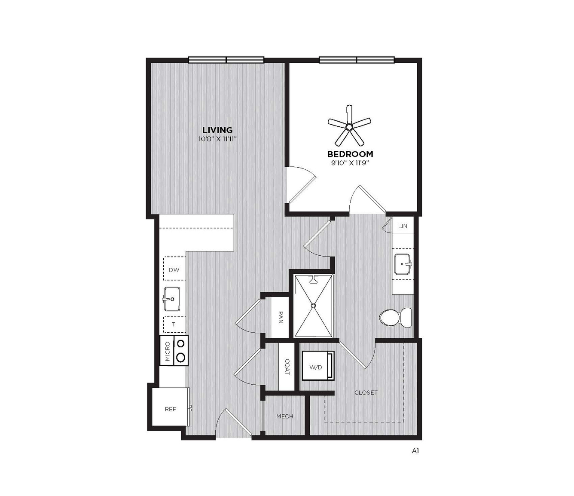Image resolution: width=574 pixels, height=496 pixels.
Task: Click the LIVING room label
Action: (x=217, y=130)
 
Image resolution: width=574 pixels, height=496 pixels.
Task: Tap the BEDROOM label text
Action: (x=350, y=154)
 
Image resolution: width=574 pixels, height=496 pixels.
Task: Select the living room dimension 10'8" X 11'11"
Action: (x=217, y=139)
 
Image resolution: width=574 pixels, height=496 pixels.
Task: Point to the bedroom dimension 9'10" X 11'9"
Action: (x=350, y=163)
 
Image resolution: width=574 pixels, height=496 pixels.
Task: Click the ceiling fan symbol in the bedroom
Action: (x=349, y=126)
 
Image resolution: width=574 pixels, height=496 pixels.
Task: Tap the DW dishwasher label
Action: (x=174, y=270)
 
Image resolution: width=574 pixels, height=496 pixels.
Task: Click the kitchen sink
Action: (x=171, y=299)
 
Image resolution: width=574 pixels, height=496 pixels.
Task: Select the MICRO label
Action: (x=167, y=351)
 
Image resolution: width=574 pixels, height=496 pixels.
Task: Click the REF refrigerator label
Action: (x=171, y=409)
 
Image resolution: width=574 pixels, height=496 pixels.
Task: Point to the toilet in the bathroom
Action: (x=396, y=318)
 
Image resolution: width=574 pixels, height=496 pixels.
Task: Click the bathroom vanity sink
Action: (x=403, y=264)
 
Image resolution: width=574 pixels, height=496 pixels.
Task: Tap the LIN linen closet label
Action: (x=403, y=226)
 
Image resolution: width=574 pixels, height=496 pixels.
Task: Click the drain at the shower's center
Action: (x=314, y=306)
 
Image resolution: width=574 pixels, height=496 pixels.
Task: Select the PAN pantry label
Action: (x=281, y=317)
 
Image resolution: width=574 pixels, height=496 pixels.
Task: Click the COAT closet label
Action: (x=287, y=367)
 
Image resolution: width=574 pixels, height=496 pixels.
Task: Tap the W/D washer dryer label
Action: (x=316, y=367)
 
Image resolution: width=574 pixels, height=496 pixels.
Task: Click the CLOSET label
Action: (x=366, y=393)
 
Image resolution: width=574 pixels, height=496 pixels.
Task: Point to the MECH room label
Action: (x=285, y=416)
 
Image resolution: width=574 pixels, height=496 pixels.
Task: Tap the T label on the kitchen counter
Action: (x=174, y=324)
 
